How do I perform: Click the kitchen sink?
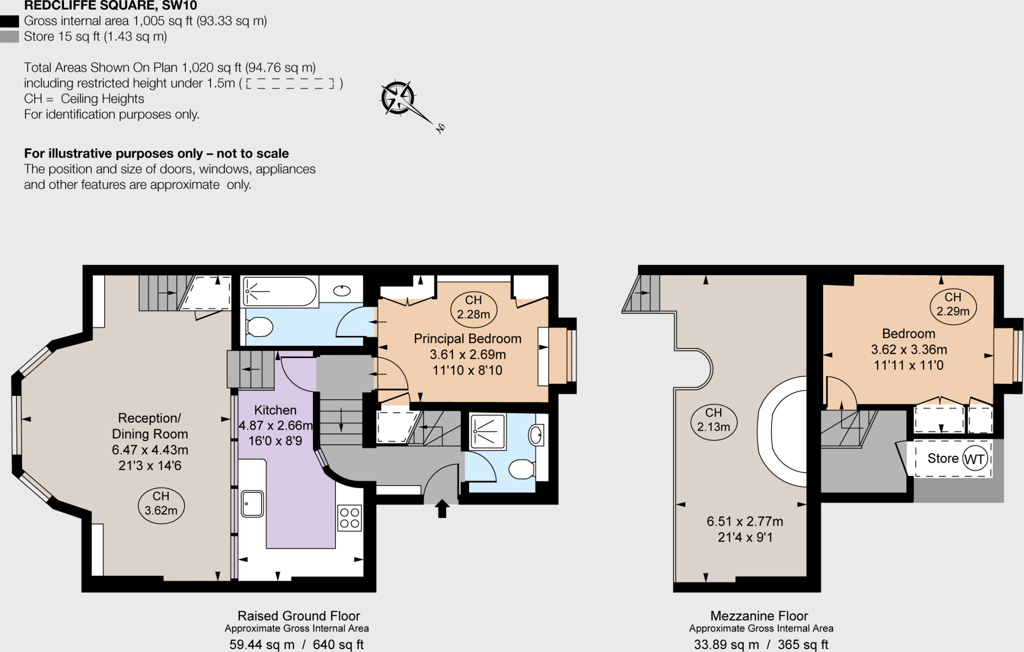pos(252,503)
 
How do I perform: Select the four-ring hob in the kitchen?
pos(349,518)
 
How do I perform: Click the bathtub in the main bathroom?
pos(280,291)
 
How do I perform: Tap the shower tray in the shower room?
pos(487,431)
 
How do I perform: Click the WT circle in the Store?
pos(974,459)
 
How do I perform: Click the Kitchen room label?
pos(275,410)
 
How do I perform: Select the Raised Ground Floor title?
pos(298,616)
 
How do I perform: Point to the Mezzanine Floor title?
pos(759,616)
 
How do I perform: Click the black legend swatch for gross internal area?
pos(9,21)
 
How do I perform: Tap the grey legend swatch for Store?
pos(9,37)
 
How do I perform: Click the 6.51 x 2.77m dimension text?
pos(744,521)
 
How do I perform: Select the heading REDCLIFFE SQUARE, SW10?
pos(110,6)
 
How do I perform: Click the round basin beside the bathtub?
pos(342,291)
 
